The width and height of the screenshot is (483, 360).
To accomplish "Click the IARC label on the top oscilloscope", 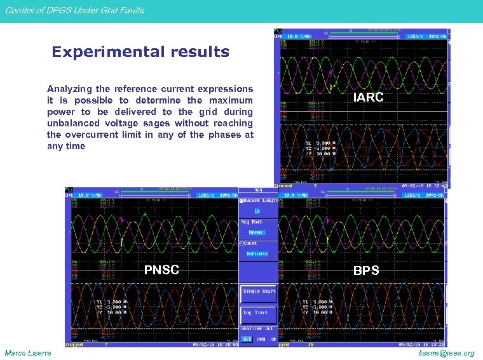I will pyautogui.click(x=368, y=97).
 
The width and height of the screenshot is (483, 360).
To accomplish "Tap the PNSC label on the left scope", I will pyautogui.click(x=161, y=270).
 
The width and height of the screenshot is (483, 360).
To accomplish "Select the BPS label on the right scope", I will pyautogui.click(x=366, y=270).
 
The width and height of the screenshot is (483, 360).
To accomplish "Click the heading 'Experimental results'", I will pyautogui.click(x=140, y=52).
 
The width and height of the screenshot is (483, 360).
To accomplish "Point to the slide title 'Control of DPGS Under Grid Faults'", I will pyautogui.click(x=74, y=10).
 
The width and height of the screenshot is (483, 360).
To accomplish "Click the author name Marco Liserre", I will pyautogui.click(x=29, y=353).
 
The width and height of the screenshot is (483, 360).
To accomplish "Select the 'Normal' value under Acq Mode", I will pyautogui.click(x=257, y=232).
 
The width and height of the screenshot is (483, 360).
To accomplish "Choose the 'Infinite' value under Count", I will pyautogui.click(x=257, y=254).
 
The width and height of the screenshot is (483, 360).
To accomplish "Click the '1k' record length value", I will pyautogui.click(x=257, y=211).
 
